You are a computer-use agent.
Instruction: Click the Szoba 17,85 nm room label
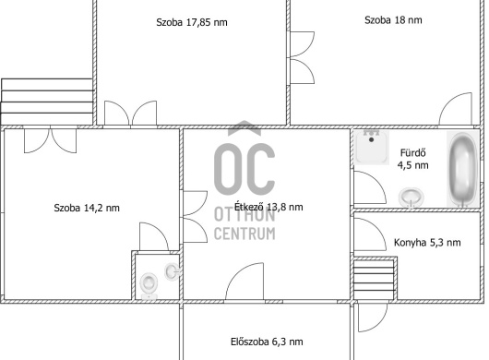coord(192,22)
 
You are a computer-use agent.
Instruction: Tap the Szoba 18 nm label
coord(393,20)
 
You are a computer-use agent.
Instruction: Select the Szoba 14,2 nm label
coord(87,208)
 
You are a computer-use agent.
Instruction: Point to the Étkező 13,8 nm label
coord(268,207)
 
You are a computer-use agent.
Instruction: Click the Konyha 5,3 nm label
coord(427,243)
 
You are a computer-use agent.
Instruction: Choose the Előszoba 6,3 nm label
coord(267,342)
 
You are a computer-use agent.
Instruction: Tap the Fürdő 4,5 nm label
coord(413,159)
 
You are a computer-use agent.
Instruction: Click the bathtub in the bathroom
coord(463,170)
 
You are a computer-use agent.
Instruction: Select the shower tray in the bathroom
coord(372,148)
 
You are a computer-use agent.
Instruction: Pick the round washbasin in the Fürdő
coord(411,198)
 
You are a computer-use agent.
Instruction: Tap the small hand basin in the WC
coord(172,271)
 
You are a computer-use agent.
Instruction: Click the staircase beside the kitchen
coord(375,279)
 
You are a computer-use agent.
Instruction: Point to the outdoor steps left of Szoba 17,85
coord(47,102)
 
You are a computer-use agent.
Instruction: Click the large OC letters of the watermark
coord(244,169)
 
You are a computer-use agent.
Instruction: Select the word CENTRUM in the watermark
coord(244,234)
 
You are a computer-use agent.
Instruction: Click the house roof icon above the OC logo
coord(244,128)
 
